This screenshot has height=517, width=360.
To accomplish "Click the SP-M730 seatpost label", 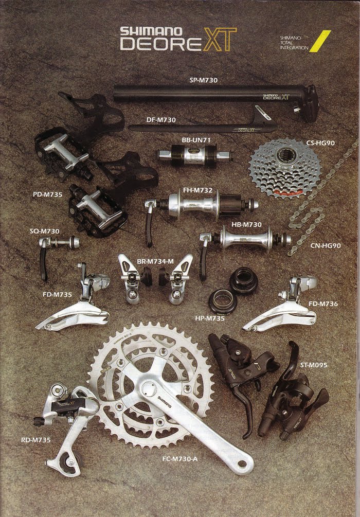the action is [x=204, y=80].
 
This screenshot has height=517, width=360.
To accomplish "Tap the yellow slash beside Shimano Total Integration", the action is [x=320, y=41].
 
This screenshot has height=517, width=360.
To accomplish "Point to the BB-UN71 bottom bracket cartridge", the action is [x=195, y=155].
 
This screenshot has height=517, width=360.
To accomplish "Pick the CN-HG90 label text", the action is [x=326, y=246].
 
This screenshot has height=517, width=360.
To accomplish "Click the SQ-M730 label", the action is [x=45, y=231].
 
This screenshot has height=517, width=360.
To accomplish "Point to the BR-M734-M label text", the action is [x=155, y=262].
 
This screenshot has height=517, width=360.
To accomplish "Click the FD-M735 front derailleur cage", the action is [x=73, y=315].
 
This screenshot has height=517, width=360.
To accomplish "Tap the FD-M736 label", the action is [x=323, y=304].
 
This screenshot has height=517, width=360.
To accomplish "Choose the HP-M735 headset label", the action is [x=210, y=318].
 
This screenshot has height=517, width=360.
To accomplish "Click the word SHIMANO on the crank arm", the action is [x=164, y=402].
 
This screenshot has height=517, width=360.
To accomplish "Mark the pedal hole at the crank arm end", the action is [x=242, y=463].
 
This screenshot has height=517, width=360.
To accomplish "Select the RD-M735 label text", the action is [x=36, y=440].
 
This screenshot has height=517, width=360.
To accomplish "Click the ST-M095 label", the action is [x=314, y=365].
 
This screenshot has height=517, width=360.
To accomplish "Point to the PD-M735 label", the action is [x=47, y=194].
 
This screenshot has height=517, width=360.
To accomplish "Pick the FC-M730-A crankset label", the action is [x=180, y=459].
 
